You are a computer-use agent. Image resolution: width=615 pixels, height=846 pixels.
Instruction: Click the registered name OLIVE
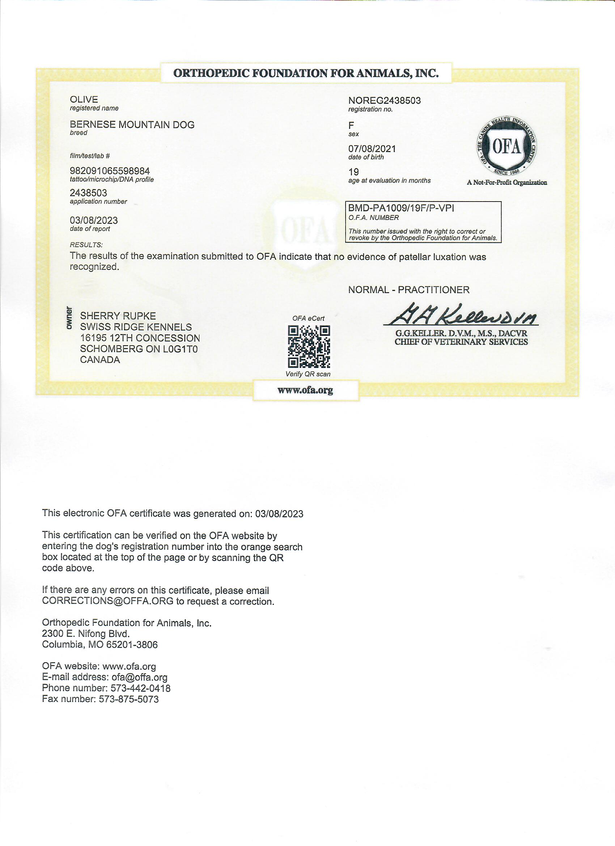pyautogui.click(x=84, y=100)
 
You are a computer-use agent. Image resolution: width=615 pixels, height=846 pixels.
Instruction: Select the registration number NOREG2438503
pyautogui.click(x=384, y=101)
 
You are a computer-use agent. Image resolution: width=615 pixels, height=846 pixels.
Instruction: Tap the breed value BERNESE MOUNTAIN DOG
pyautogui.click(x=132, y=124)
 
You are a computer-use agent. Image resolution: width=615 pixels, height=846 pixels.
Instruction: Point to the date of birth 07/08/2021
pyautogui.click(x=372, y=149)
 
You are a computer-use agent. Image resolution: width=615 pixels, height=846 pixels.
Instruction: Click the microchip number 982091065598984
pyautogui.click(x=110, y=171)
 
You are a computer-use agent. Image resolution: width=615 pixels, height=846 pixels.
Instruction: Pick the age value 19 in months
pyautogui.click(x=353, y=172)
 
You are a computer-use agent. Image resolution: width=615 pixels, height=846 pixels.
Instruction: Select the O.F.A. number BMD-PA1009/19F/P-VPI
pyautogui.click(x=401, y=208)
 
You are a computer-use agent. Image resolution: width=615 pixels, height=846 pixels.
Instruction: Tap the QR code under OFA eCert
pyautogui.click(x=309, y=347)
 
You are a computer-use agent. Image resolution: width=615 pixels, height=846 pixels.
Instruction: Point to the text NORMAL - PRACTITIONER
pyautogui.click(x=409, y=290)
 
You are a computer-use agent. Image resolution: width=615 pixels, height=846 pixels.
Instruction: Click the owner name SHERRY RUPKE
pyautogui.click(x=118, y=316)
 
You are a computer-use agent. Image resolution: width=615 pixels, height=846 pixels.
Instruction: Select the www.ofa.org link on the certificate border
pyautogui.click(x=305, y=390)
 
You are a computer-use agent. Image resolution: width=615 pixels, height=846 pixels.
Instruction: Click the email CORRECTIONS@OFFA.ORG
pyautogui.click(x=108, y=601)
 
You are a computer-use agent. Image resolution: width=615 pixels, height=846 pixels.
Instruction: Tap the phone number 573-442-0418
pyautogui.click(x=141, y=688)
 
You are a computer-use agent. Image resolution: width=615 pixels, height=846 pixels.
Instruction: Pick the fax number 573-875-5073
pyautogui.click(x=129, y=699)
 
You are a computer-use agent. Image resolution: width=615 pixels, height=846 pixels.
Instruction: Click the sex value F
pyautogui.click(x=351, y=125)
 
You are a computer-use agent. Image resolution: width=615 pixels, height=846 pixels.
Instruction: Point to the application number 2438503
pyautogui.click(x=88, y=193)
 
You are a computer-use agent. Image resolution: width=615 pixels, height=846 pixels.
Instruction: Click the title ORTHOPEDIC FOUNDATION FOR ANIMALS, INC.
pyautogui.click(x=306, y=73)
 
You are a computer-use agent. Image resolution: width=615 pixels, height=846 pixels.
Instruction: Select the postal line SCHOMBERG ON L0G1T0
pyautogui.click(x=139, y=349)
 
